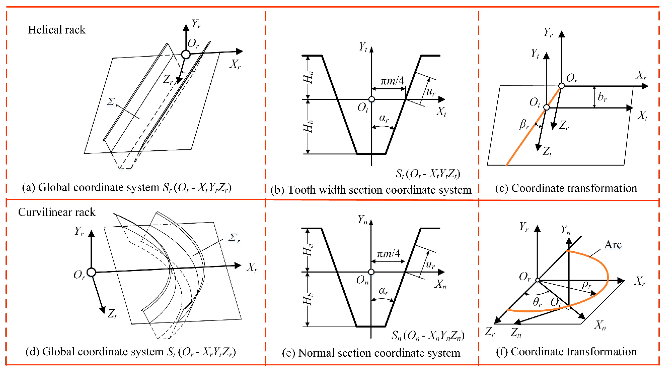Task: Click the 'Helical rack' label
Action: click(x=57, y=30)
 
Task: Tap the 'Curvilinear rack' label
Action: click(x=57, y=212)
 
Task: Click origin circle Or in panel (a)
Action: click(x=186, y=54)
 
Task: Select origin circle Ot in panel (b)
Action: click(x=371, y=99)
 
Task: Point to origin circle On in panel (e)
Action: click(x=371, y=272)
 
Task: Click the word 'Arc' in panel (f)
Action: click(x=613, y=245)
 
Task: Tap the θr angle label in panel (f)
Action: click(x=537, y=302)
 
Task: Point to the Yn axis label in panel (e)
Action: click(x=363, y=220)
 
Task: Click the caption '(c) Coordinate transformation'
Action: click(x=566, y=188)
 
